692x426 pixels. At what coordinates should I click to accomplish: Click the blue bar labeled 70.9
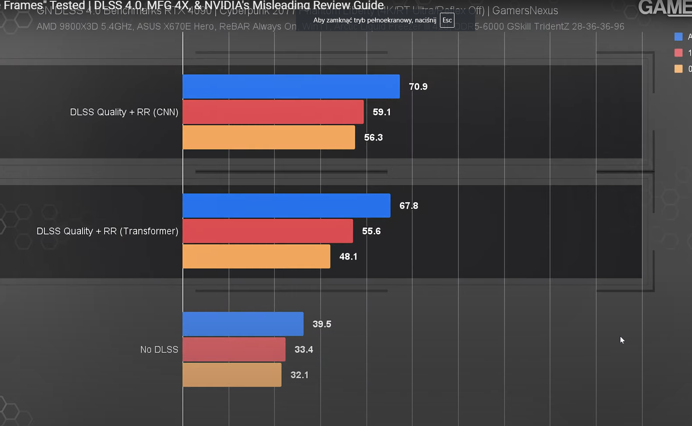pos(291,87)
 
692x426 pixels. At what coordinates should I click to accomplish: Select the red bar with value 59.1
pos(273,112)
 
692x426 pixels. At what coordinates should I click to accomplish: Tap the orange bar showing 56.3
pos(269,137)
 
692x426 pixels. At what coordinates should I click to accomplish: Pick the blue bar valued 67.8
pos(286,206)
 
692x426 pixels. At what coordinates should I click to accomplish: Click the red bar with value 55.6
pos(268,231)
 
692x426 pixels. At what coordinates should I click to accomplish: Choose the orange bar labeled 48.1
pos(256,256)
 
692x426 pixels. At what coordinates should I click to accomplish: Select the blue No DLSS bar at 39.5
pos(243,324)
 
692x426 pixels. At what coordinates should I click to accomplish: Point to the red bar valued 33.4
pos(234,350)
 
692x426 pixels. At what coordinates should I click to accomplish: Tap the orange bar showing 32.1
pos(232,375)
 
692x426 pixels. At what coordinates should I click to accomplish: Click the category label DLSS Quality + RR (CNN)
pos(124,112)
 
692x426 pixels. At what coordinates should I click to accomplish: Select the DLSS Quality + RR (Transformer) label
pos(108,231)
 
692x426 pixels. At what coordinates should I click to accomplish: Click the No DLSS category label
pos(159,350)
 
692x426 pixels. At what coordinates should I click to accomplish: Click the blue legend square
pos(678,37)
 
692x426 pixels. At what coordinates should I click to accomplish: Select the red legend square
pos(678,53)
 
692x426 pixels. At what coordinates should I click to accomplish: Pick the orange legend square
pos(678,69)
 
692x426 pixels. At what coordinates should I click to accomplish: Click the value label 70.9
pos(418,87)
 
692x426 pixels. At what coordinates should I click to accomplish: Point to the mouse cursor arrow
pos(622,339)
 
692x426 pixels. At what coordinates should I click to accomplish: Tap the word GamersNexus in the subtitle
pos(525,11)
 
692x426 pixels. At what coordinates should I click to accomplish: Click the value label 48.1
pos(348,256)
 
